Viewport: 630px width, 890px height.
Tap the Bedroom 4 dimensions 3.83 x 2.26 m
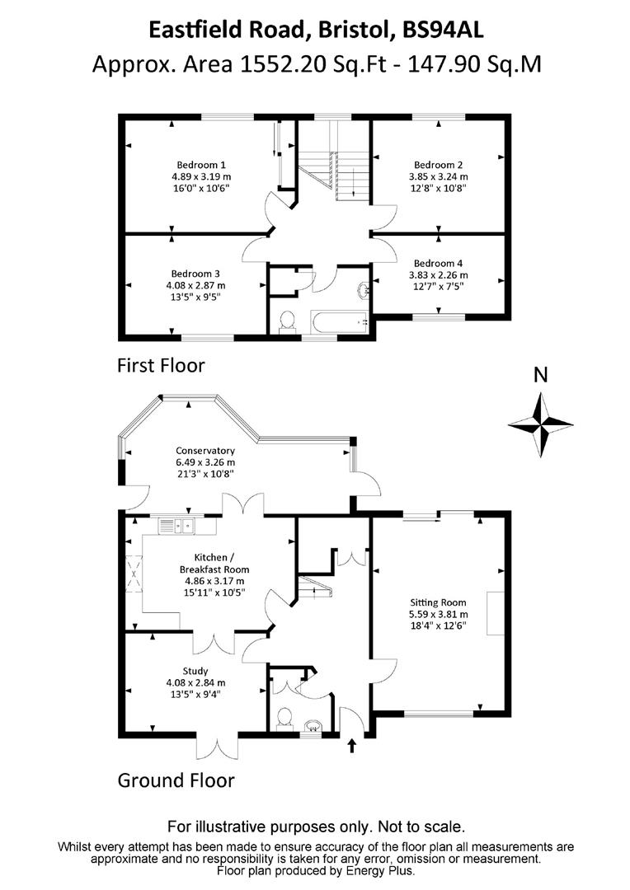[x=439, y=274]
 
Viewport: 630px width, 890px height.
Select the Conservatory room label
[x=205, y=451]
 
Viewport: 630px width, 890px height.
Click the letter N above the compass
[x=541, y=375]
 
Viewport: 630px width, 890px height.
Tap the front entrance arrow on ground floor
[x=352, y=745]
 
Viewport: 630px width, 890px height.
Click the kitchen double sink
[x=176, y=526]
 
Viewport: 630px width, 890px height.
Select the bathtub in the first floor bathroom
[x=340, y=322]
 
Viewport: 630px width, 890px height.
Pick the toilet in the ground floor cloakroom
[x=284, y=719]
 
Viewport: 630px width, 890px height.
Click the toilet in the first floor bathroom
[x=287, y=321]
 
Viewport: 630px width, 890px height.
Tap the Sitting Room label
[x=438, y=602]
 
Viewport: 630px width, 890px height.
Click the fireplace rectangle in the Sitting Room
[x=495, y=613]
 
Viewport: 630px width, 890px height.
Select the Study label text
[x=195, y=671]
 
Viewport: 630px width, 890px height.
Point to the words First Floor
[x=161, y=365]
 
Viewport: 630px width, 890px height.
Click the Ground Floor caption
[x=176, y=780]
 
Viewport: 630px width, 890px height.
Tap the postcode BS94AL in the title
[x=443, y=30]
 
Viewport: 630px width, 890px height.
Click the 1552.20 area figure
[x=284, y=63]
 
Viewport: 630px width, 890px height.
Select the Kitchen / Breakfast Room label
[x=214, y=564]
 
